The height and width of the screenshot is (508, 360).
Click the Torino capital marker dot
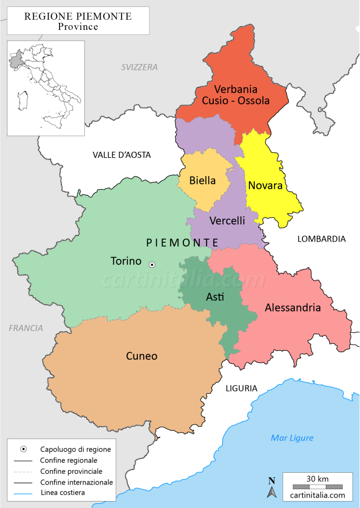pos(152,265)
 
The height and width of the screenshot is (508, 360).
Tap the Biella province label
pos(202,181)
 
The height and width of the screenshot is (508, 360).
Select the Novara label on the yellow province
pos(265,186)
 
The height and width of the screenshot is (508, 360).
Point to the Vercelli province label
pos(227,221)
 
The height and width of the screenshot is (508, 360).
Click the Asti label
pos(215,297)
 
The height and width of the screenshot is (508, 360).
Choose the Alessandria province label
pos(293,308)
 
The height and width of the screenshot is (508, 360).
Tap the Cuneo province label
pos(141,356)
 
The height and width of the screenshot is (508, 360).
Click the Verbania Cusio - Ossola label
pos(236,95)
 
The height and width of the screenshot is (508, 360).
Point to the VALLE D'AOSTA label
pos(121,155)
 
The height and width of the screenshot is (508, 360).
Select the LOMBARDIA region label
pos(321,239)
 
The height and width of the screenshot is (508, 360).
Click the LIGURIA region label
pos(241,388)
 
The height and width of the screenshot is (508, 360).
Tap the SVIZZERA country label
pos(139,67)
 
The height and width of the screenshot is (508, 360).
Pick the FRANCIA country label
pos(26,328)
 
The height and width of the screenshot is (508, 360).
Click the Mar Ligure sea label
pos(292,438)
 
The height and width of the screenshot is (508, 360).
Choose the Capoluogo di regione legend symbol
pos(23,449)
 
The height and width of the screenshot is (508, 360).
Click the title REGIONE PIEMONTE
pos(78,16)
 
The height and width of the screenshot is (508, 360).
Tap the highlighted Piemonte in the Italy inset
pos(15,61)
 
